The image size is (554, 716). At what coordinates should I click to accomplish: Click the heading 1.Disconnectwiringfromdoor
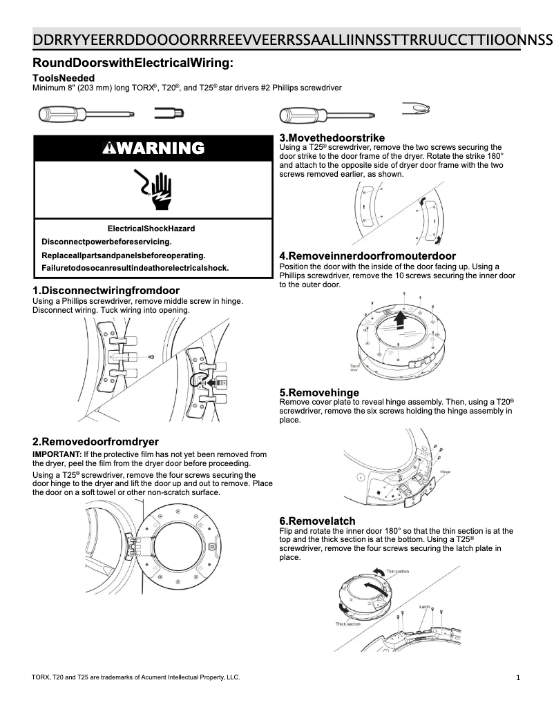point(106,290)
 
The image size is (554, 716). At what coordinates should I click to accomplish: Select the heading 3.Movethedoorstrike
point(332,138)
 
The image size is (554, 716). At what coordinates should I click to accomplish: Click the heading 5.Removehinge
point(319,392)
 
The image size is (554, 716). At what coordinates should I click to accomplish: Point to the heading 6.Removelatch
point(318,521)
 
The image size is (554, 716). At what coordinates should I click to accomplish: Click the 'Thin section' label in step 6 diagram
point(397,572)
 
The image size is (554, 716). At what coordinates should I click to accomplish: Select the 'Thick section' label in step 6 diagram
point(348,623)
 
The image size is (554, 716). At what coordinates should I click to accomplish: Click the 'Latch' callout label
point(424,606)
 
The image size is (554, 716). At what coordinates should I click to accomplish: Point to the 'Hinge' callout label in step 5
point(445,472)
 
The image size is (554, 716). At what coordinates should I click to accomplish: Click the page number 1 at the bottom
point(518,678)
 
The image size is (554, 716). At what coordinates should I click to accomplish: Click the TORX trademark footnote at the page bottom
point(136,677)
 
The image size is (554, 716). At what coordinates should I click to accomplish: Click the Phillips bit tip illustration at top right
point(417,108)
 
